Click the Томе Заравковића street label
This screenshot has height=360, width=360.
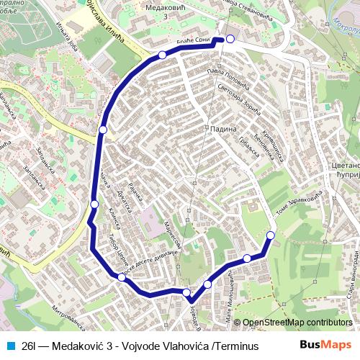coord(297,204)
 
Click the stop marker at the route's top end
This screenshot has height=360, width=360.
coord(230,39)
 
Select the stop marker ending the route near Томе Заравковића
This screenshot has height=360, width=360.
coord(271,235)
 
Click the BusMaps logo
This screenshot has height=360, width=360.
coord(326,345)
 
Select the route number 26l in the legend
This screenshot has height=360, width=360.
coord(30,346)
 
